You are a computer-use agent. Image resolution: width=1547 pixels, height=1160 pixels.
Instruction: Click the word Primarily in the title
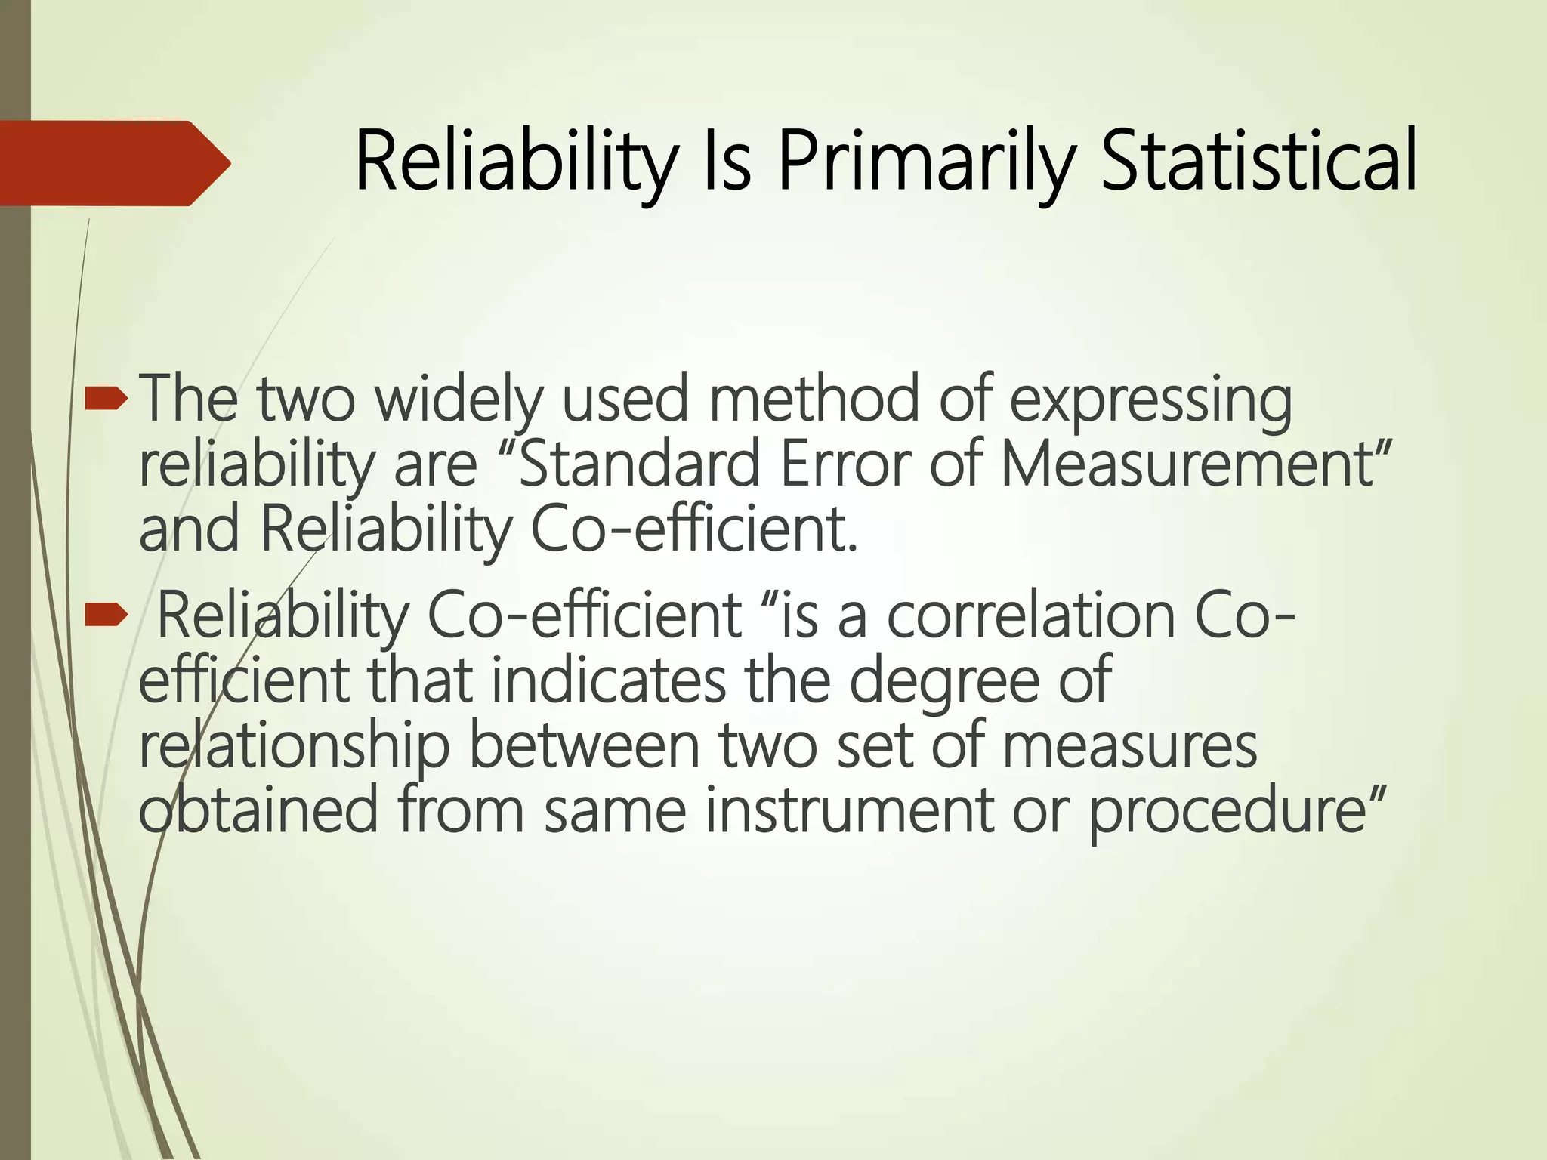(925, 163)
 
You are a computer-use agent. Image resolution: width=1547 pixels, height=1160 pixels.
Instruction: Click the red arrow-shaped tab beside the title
(113, 163)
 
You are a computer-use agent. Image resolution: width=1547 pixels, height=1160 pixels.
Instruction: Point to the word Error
(845, 464)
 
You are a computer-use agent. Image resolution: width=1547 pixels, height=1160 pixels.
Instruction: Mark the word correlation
(1031, 615)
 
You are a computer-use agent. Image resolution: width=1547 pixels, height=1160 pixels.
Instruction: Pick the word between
(586, 745)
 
